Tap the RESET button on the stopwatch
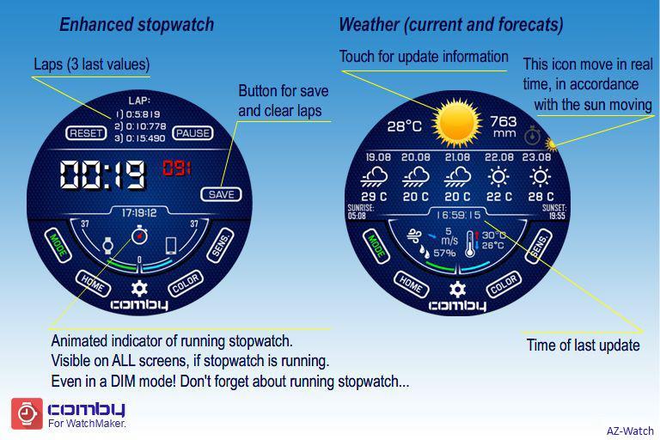86,133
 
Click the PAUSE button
192,133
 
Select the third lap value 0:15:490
140,138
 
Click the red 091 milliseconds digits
177,168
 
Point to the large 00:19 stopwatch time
103,174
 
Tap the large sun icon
457,123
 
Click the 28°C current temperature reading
405,125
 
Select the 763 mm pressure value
504,126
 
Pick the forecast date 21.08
457,157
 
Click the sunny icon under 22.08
498,177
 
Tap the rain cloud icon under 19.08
374,177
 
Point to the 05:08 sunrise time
357,216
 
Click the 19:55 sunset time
557,216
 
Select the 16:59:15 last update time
458,215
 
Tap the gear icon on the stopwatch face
139,289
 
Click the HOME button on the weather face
412,284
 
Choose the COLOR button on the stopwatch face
186,284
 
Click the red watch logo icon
27,413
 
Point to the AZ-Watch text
630,431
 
